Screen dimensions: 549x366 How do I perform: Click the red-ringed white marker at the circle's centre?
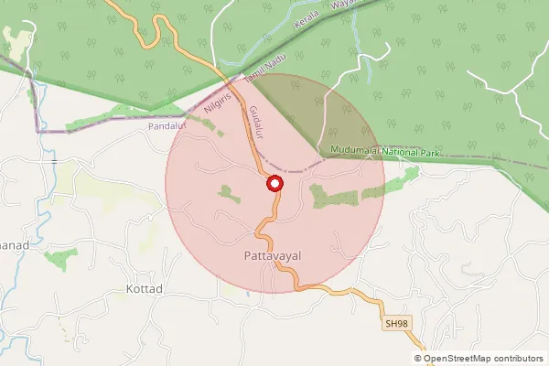pos(274,184)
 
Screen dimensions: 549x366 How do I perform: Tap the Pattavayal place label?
pos(274,257)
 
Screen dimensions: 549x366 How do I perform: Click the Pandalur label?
pos(167,126)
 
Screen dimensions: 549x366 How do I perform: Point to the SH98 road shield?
pos(395,324)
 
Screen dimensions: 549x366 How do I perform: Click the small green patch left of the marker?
pos(226,191)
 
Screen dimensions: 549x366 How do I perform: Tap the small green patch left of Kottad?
pos(57,257)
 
